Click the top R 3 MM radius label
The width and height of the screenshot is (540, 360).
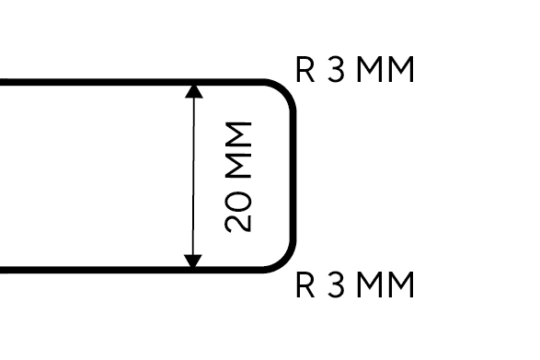pyautogui.click(x=355, y=70)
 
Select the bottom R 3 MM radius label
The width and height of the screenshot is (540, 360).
pyautogui.click(x=355, y=286)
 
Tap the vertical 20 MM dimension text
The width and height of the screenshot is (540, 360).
pyautogui.click(x=238, y=176)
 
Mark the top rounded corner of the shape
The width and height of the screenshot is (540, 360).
pyautogui.click(x=286, y=89)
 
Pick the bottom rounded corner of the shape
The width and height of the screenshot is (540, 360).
pyautogui.click(x=286, y=263)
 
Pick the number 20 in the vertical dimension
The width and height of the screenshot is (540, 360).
pyautogui.click(x=238, y=210)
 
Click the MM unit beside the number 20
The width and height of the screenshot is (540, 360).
pyautogui.click(x=238, y=147)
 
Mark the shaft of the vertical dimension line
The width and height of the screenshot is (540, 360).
pyautogui.click(x=193, y=176)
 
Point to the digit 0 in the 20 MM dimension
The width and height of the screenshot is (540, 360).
pyautogui.click(x=238, y=199)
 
